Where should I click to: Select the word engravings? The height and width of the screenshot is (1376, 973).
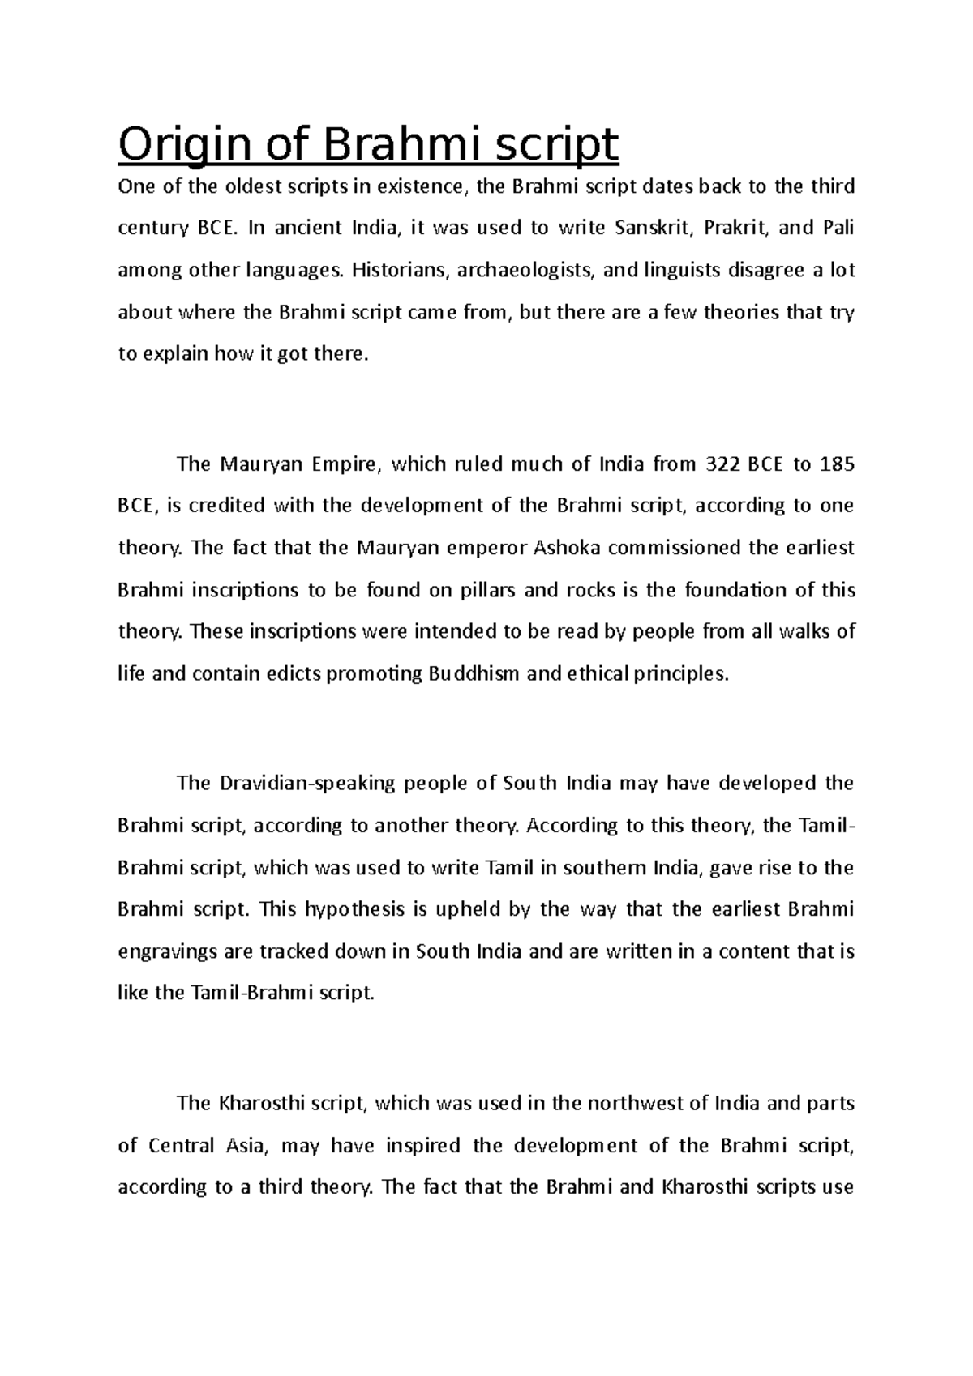167,951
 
